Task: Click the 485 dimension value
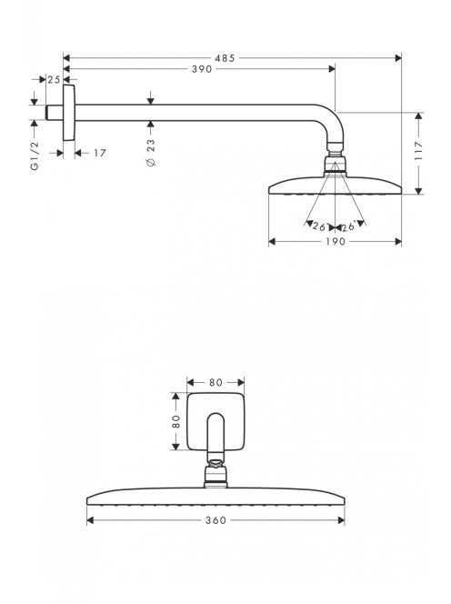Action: tap(225, 58)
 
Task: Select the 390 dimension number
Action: tap(202, 69)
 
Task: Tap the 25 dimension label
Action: tap(54, 80)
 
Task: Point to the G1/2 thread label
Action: tap(35, 156)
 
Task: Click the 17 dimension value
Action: tap(100, 154)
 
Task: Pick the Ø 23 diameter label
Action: tap(151, 153)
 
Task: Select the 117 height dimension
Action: tap(418, 151)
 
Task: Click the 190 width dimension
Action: tap(336, 242)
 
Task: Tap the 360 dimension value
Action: tap(215, 520)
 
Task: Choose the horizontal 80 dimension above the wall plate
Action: tap(215, 383)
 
